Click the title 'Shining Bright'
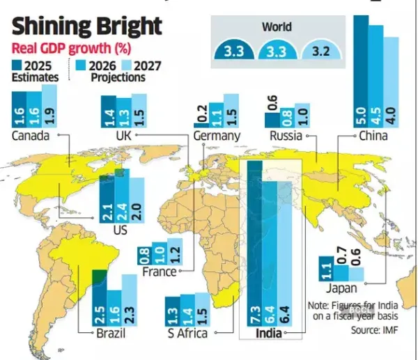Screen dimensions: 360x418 [x=88, y=26]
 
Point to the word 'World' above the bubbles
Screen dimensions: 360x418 [x=277, y=27]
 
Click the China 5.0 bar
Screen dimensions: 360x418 [x=361, y=70]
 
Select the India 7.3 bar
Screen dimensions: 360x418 [x=254, y=244]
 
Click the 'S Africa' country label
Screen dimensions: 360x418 [x=187, y=334]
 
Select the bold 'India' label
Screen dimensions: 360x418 [x=269, y=334]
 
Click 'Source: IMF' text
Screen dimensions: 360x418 [x=375, y=330]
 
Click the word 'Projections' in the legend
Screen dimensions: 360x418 [x=118, y=77]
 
